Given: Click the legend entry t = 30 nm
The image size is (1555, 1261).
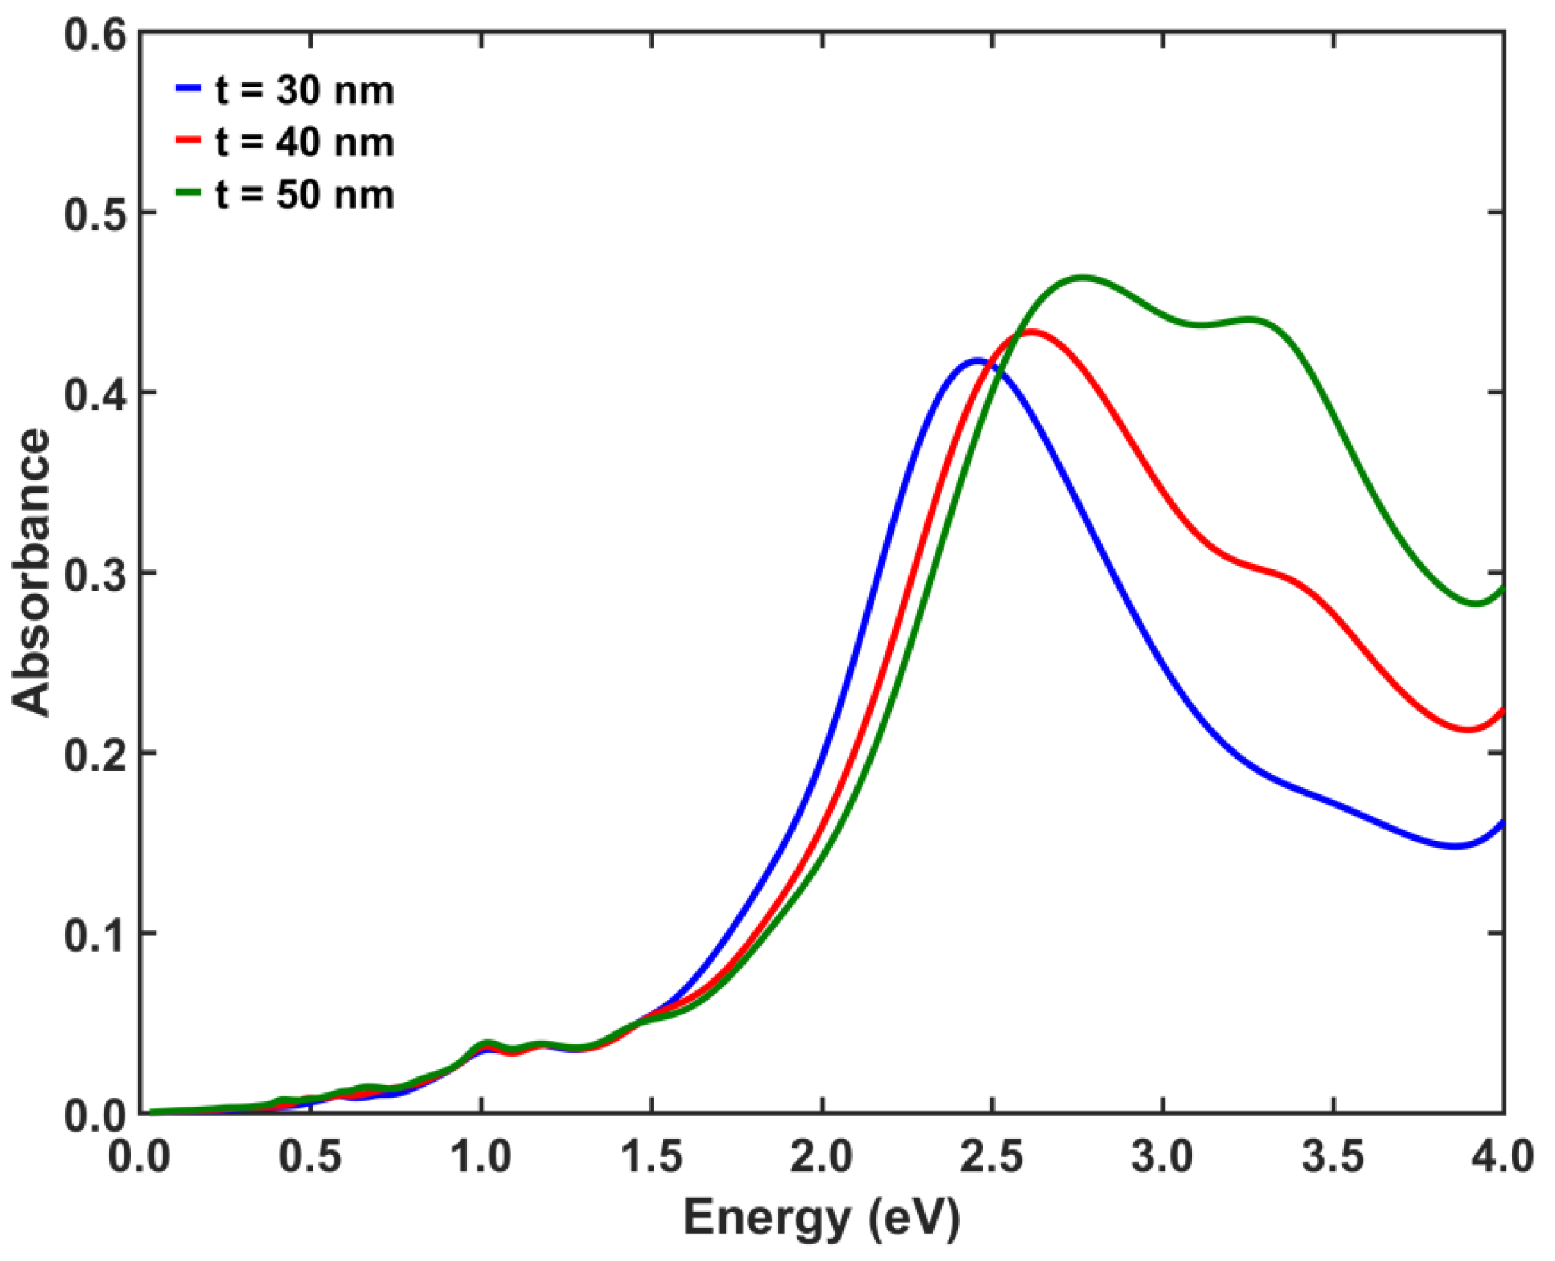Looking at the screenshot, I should click(x=304, y=90).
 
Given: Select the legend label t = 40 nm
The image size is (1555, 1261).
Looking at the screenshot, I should click(x=304, y=142).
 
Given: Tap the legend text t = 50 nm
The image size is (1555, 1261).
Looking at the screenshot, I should click(x=304, y=195).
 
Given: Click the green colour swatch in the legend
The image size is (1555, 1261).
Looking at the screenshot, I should click(x=188, y=192).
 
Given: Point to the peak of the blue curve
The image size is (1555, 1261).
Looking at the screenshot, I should click(x=977, y=360).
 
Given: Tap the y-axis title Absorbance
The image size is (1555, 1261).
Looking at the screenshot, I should click(x=32, y=572).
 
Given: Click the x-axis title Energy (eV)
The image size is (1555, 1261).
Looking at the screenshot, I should click(x=821, y=1217).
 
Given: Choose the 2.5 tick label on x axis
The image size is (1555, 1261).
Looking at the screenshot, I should click(x=992, y=1157).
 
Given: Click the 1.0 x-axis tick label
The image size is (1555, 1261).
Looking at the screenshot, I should click(x=480, y=1157).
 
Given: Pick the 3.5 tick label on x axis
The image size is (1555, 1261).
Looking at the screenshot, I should click(x=1333, y=1157).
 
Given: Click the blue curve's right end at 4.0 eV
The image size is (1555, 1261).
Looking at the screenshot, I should click(x=1503, y=822).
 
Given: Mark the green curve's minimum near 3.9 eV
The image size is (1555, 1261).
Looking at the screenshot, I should click(x=1475, y=604).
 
